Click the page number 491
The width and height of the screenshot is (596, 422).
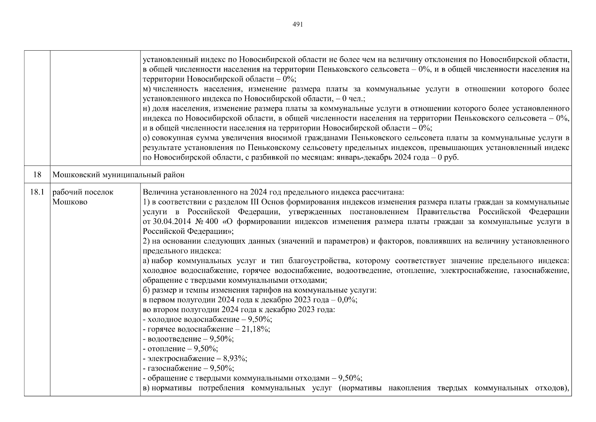pos(297,25)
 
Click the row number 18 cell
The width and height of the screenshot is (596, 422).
pos(37,175)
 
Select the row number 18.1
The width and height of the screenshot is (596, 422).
pos(37,192)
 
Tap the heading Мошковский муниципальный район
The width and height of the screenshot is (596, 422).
pos(118,175)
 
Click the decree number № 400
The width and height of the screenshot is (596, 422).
pos(201,222)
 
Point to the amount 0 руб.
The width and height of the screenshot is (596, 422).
pos(448,158)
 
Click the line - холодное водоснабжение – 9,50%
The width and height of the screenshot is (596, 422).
pos(208,319)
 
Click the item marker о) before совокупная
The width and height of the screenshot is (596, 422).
pos(146,138)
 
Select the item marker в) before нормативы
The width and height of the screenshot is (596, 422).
pos(146,388)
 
